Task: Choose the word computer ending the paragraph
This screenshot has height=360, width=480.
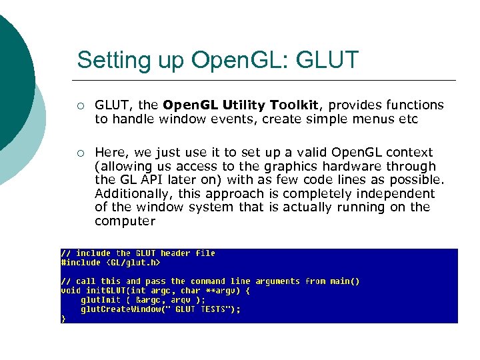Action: (x=125, y=221)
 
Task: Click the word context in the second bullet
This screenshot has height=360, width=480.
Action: (x=409, y=153)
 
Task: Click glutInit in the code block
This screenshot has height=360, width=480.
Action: (x=101, y=300)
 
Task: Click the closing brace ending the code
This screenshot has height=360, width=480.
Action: (x=63, y=319)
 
